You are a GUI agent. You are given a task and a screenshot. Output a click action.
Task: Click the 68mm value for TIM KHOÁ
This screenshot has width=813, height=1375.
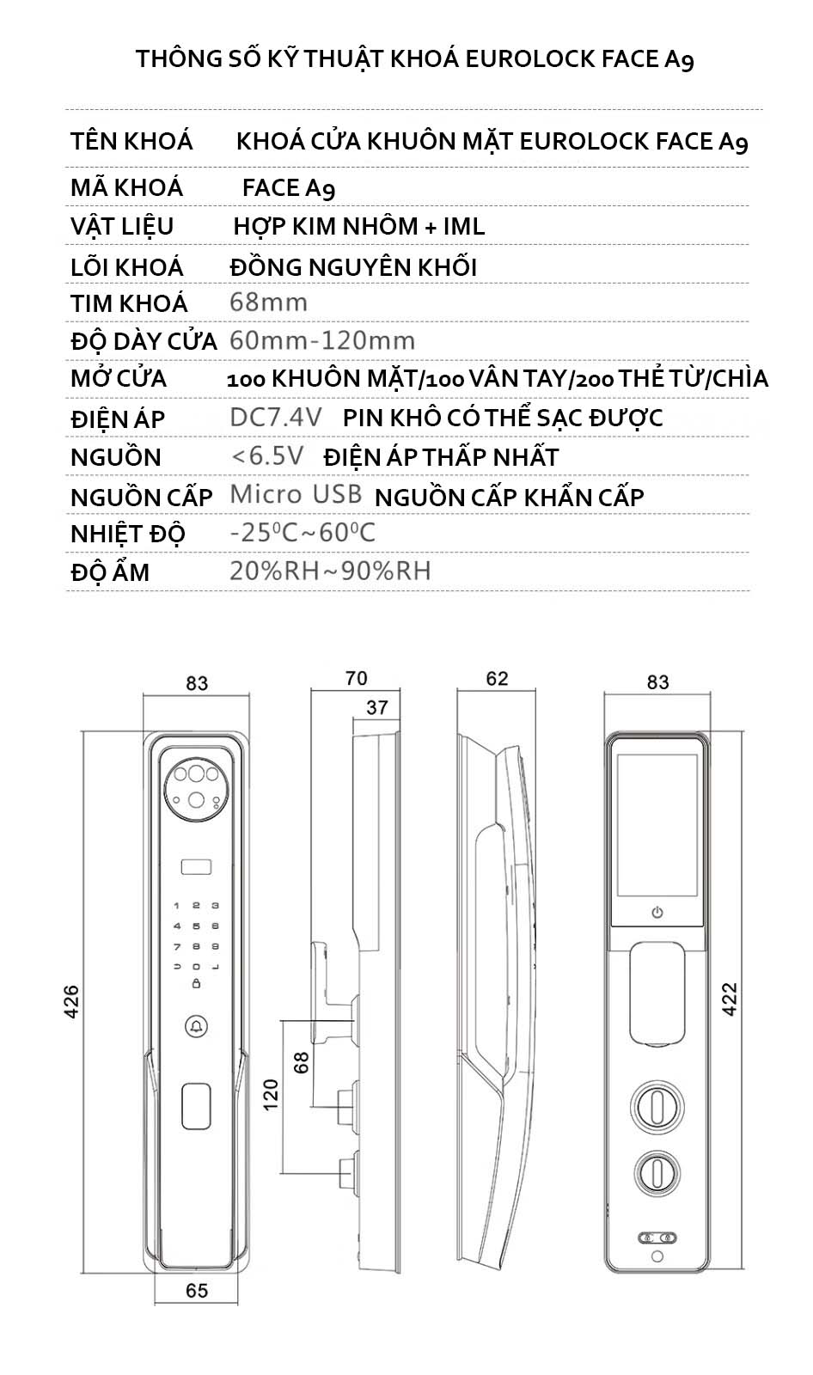pyautogui.click(x=268, y=302)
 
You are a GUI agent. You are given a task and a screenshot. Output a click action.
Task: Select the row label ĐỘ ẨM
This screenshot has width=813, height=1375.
pyautogui.click(x=110, y=571)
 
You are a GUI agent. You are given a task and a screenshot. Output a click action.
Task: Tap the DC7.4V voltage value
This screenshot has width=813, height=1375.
pyautogui.click(x=276, y=418)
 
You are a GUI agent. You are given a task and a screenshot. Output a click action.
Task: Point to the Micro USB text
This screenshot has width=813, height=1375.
pyautogui.click(x=296, y=495)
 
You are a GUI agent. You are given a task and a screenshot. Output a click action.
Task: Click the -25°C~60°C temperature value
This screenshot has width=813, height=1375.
pyautogui.click(x=303, y=533)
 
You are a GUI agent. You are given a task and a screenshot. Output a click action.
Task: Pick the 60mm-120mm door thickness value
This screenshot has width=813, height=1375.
pyautogui.click(x=322, y=340)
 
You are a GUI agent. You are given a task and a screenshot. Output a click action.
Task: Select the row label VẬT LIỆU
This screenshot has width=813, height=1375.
pyautogui.click(x=122, y=227)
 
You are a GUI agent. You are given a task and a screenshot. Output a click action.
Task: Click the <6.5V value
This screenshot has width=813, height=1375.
pyautogui.click(x=268, y=456)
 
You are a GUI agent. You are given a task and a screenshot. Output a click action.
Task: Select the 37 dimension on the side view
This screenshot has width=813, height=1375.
pyautogui.click(x=377, y=708)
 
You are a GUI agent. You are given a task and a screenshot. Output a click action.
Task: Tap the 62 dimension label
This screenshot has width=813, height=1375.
pyautogui.click(x=497, y=679)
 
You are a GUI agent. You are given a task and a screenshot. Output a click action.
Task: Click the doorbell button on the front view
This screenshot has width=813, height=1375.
pyautogui.click(x=197, y=1026)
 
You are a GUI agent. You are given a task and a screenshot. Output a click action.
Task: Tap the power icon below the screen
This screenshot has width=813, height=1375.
pyautogui.click(x=657, y=912)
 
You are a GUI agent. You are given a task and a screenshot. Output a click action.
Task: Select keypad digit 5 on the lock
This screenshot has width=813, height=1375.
pyautogui.click(x=197, y=926)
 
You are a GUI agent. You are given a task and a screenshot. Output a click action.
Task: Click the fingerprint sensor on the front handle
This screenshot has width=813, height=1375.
pyautogui.click(x=197, y=1106)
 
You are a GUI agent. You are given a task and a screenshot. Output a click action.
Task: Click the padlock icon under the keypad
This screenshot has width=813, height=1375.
pyautogui.click(x=197, y=984)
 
